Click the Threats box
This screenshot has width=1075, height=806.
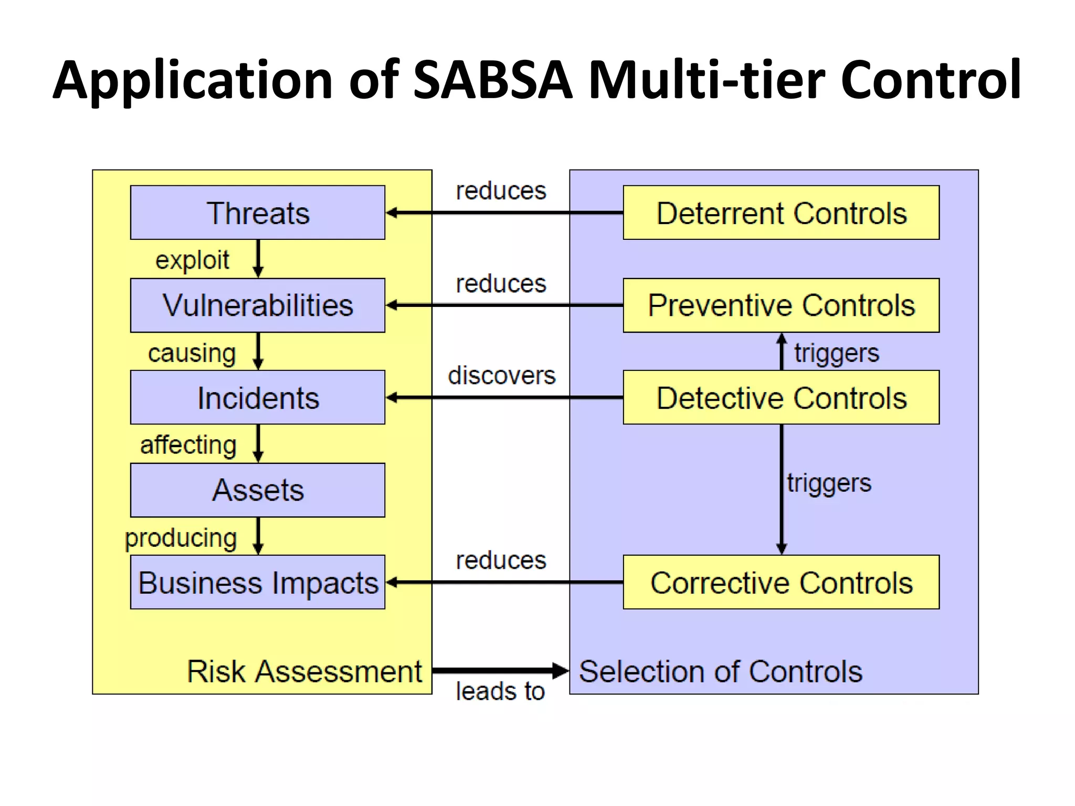(x=258, y=213)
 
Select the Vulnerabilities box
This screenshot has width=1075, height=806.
(x=258, y=305)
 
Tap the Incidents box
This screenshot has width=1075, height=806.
(x=258, y=398)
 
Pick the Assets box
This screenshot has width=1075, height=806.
(x=258, y=490)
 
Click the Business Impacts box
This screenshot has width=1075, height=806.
(x=258, y=582)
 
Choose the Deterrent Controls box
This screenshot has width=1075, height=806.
(x=781, y=213)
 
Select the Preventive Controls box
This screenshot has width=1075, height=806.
(x=781, y=305)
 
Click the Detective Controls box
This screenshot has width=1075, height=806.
(x=781, y=398)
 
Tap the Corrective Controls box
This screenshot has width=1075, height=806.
(x=781, y=582)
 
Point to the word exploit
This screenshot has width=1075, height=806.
(x=192, y=260)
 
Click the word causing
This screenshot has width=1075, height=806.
(x=192, y=353)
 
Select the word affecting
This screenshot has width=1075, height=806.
(x=188, y=445)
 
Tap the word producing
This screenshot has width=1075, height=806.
(x=181, y=538)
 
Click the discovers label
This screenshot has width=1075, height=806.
(x=501, y=376)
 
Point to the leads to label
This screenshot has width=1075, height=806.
(x=500, y=691)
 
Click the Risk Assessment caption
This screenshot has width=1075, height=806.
(x=304, y=671)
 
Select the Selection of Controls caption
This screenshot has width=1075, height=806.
(x=720, y=671)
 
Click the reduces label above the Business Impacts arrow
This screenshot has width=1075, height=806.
(x=501, y=560)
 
